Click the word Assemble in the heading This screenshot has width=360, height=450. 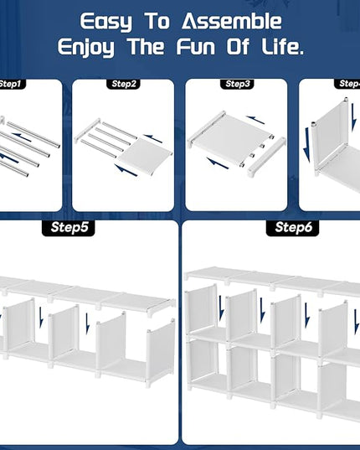coord(232,21)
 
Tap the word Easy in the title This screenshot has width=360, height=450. coord(105,23)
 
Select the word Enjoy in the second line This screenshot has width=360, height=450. coord(85,48)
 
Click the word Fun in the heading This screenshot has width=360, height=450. coord(196,47)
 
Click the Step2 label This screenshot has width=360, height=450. coord(123,84)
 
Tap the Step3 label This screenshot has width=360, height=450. coord(237,84)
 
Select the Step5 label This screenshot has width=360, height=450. coord(69,228)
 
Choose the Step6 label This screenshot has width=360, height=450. coord(293,228)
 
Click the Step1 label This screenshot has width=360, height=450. coord(11,84)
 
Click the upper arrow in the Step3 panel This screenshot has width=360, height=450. coord(255,120)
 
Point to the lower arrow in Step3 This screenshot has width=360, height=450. coord(218,163)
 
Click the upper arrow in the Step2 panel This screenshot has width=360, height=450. coord(153,138)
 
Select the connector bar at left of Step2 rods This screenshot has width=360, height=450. coord(88,131)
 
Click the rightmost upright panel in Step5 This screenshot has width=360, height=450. coord(161,352)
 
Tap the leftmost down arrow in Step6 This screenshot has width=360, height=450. coord(221,308)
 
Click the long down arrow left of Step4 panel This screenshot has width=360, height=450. coord(307,145)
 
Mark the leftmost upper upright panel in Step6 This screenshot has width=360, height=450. coord(201,312)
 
